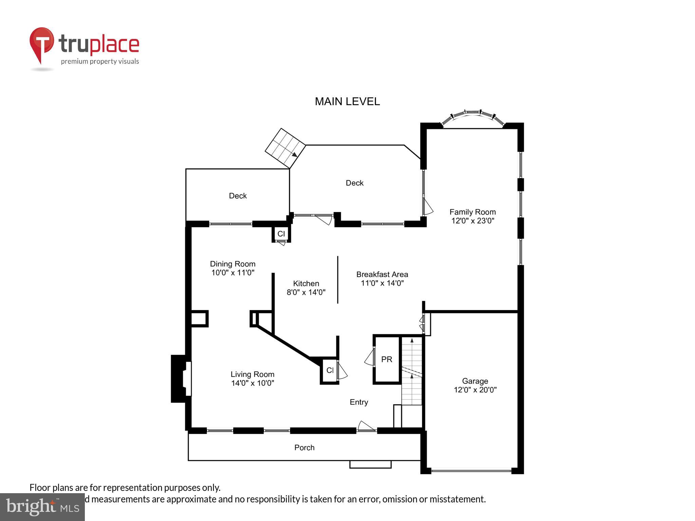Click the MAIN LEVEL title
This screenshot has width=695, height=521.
point(347,101)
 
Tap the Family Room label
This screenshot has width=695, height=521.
point(472,212)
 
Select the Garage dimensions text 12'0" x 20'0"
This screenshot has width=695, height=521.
point(475,390)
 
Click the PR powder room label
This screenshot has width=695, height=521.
point(387,360)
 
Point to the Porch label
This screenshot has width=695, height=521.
point(304,448)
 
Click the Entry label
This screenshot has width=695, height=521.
point(359,402)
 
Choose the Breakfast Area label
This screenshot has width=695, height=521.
point(382,274)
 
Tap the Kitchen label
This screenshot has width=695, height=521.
point(306,284)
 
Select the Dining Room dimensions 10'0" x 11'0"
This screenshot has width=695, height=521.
point(233,273)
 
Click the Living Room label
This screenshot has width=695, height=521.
point(252,374)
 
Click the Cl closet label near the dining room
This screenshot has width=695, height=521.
point(281,234)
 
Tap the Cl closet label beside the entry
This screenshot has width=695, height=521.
point(330,370)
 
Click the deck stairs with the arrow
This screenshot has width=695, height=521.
point(285,148)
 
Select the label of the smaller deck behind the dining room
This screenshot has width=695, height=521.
point(238,196)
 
